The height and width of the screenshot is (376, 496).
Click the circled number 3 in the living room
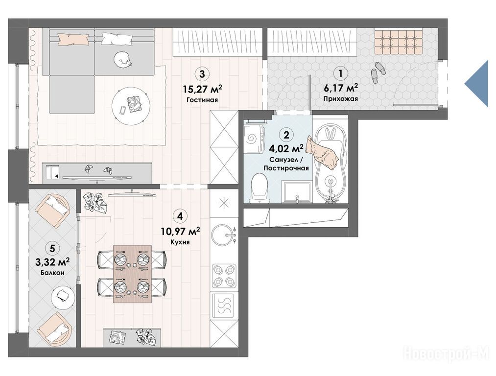(202, 74)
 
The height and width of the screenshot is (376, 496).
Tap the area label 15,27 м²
(202, 89)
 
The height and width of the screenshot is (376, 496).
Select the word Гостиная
(202, 100)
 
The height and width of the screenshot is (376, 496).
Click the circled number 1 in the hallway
(340, 73)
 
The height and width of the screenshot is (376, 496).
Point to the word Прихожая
(340, 99)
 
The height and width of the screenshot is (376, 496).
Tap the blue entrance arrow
(476, 84)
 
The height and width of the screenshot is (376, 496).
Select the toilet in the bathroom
(259, 188)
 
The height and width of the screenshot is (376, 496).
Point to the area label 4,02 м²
(286, 148)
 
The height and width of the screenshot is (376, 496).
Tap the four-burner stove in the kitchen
(224, 276)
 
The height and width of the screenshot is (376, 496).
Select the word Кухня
(180, 242)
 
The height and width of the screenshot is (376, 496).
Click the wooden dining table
(132, 273)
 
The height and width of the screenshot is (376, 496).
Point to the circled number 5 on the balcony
(52, 249)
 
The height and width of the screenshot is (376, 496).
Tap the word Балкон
(52, 272)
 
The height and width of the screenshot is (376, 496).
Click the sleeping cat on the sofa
(123, 59)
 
